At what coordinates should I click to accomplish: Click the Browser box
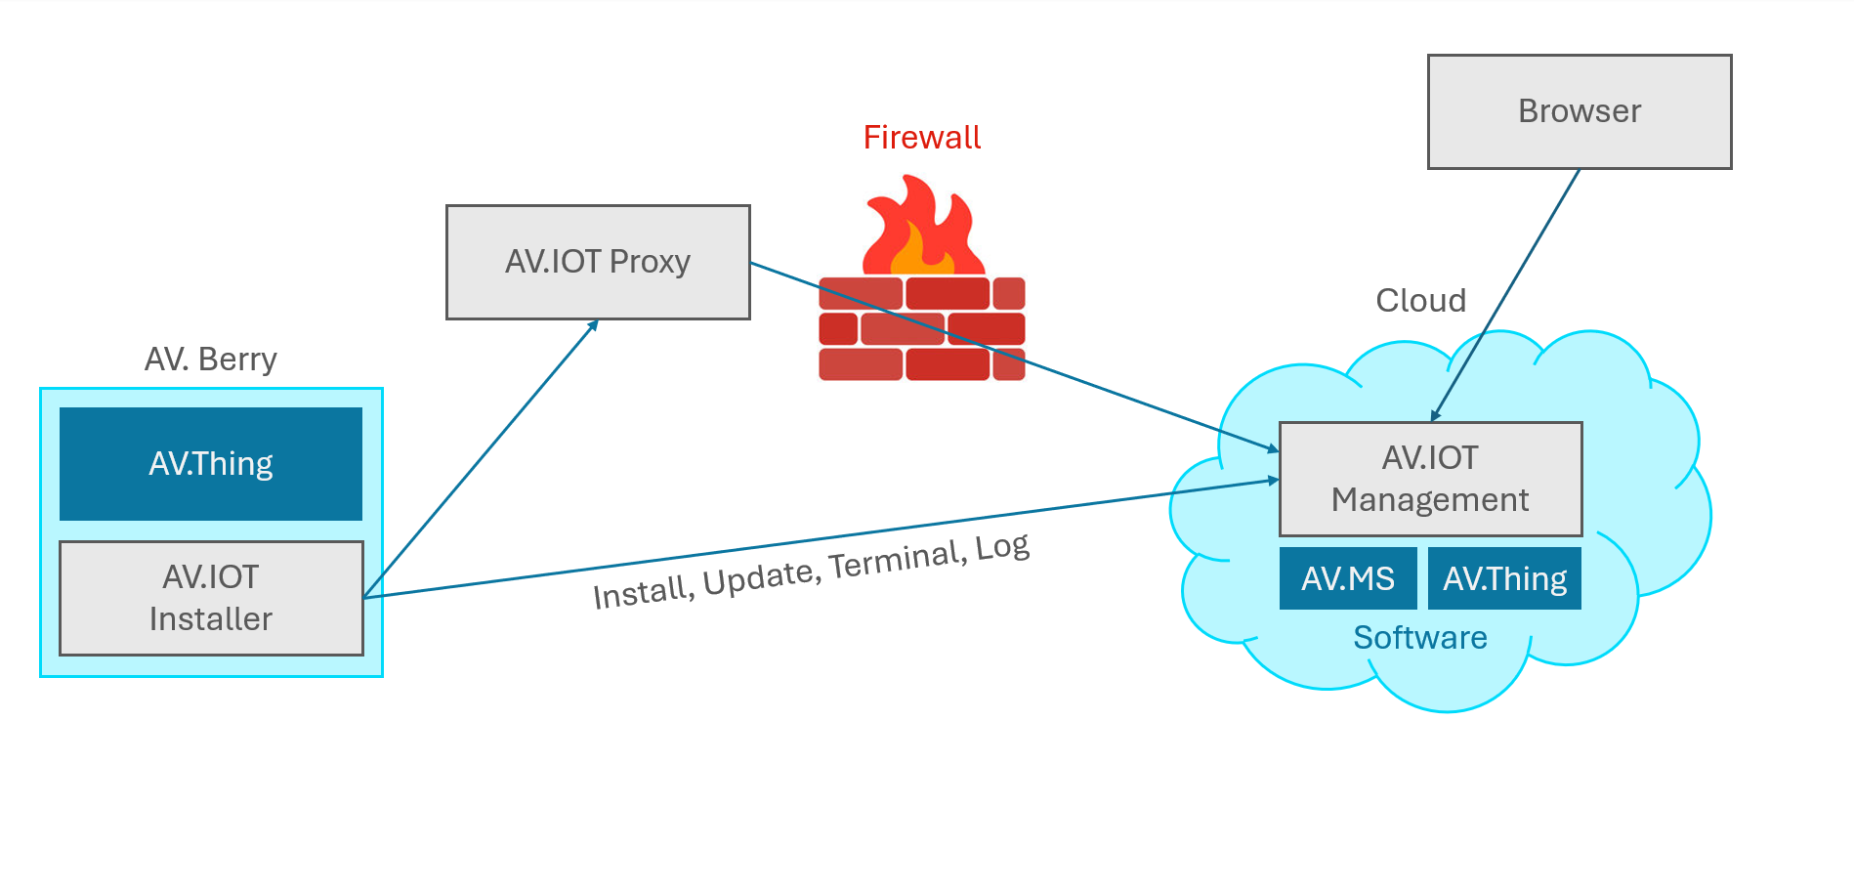(1579, 111)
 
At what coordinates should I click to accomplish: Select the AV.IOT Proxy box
(598, 262)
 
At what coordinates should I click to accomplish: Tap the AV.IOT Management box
(1430, 479)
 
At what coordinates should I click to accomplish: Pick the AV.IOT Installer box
(211, 598)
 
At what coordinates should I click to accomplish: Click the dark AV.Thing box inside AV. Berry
(211, 463)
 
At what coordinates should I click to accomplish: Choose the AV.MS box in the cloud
(1348, 578)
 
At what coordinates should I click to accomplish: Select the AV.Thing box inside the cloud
(1504, 578)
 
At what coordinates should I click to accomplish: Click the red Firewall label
(921, 138)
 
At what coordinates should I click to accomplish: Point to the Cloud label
(1420, 300)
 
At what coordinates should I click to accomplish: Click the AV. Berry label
(211, 360)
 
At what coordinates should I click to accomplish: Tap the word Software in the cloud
(1419, 638)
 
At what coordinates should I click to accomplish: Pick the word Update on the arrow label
(760, 577)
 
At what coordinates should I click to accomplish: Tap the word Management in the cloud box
(1430, 500)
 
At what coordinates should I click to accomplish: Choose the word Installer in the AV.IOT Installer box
(211, 619)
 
